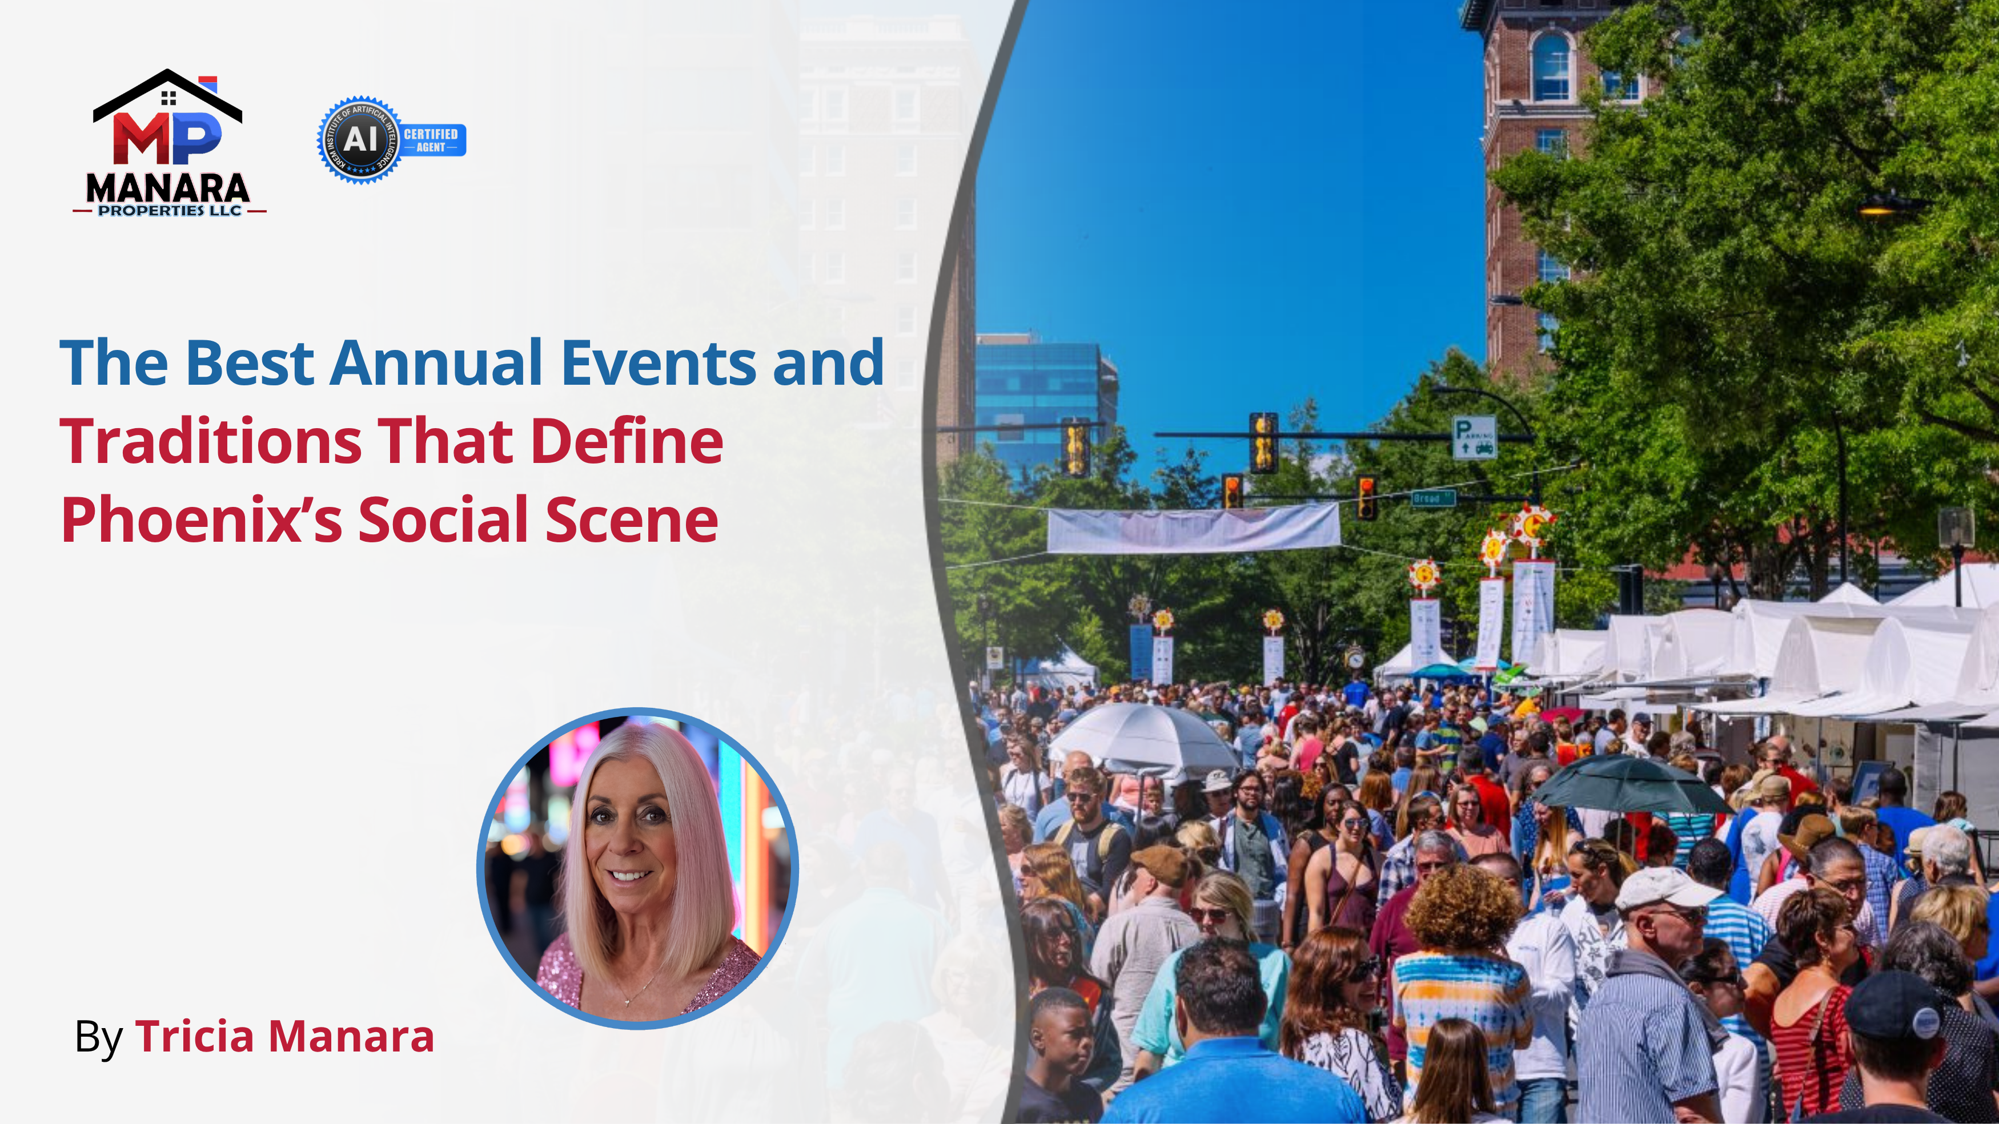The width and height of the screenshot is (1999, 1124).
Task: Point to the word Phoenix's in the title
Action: pyautogui.click(x=201, y=519)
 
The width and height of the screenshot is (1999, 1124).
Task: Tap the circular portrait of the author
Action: pyautogui.click(x=638, y=868)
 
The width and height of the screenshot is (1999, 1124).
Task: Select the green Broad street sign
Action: pyautogui.click(x=1432, y=498)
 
